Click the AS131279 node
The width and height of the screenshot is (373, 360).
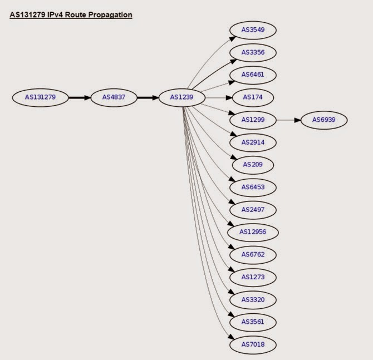tap(40, 97)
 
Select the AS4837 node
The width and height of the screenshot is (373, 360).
tap(114, 97)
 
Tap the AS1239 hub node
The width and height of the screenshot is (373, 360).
tap(181, 97)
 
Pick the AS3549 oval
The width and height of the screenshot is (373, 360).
tap(253, 29)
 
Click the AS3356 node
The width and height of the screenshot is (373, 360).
tap(253, 52)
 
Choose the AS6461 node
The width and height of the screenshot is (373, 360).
tap(253, 75)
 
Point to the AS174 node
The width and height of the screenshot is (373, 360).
tap(253, 97)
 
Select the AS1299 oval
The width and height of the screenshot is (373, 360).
tap(253, 120)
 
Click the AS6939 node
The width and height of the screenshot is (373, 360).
tap(323, 120)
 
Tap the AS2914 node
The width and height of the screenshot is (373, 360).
tap(253, 142)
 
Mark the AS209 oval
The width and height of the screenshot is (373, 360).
tap(253, 165)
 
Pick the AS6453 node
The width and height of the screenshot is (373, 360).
tap(253, 187)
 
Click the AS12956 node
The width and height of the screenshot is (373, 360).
tap(253, 231)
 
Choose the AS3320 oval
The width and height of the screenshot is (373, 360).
tap(253, 299)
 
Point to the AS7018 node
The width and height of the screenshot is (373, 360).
tap(253, 345)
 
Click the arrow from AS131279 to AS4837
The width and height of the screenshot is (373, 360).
tap(78, 97)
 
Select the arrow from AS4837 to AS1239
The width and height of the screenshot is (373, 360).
tap(148, 97)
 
